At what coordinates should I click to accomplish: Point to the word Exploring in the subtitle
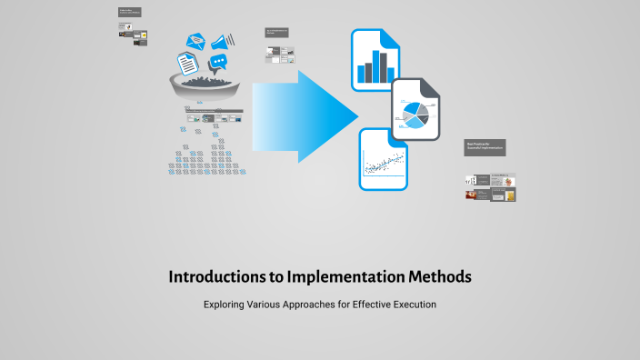[x=227, y=305]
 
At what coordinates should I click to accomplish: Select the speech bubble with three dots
[x=217, y=63]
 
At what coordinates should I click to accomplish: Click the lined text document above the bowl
[x=186, y=63]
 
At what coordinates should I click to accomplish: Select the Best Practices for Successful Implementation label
[x=484, y=146]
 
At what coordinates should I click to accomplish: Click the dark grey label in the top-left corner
[x=130, y=12]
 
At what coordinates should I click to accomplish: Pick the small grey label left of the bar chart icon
[x=276, y=33]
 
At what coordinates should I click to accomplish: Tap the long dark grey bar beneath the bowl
[x=214, y=111]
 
